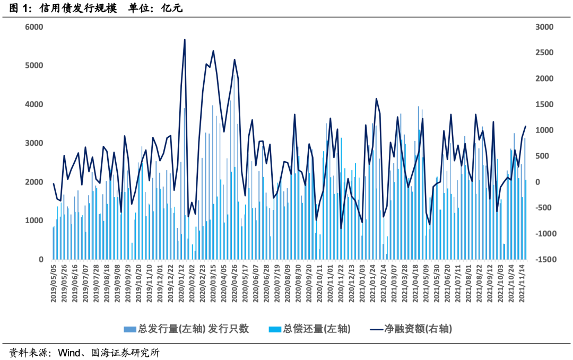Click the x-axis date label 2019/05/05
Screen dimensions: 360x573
click(x=54, y=284)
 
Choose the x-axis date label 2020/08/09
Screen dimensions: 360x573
click(x=288, y=284)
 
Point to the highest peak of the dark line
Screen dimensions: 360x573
click(x=184, y=40)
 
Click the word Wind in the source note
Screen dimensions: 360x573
click(x=68, y=353)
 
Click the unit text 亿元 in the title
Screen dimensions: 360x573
click(x=172, y=8)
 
